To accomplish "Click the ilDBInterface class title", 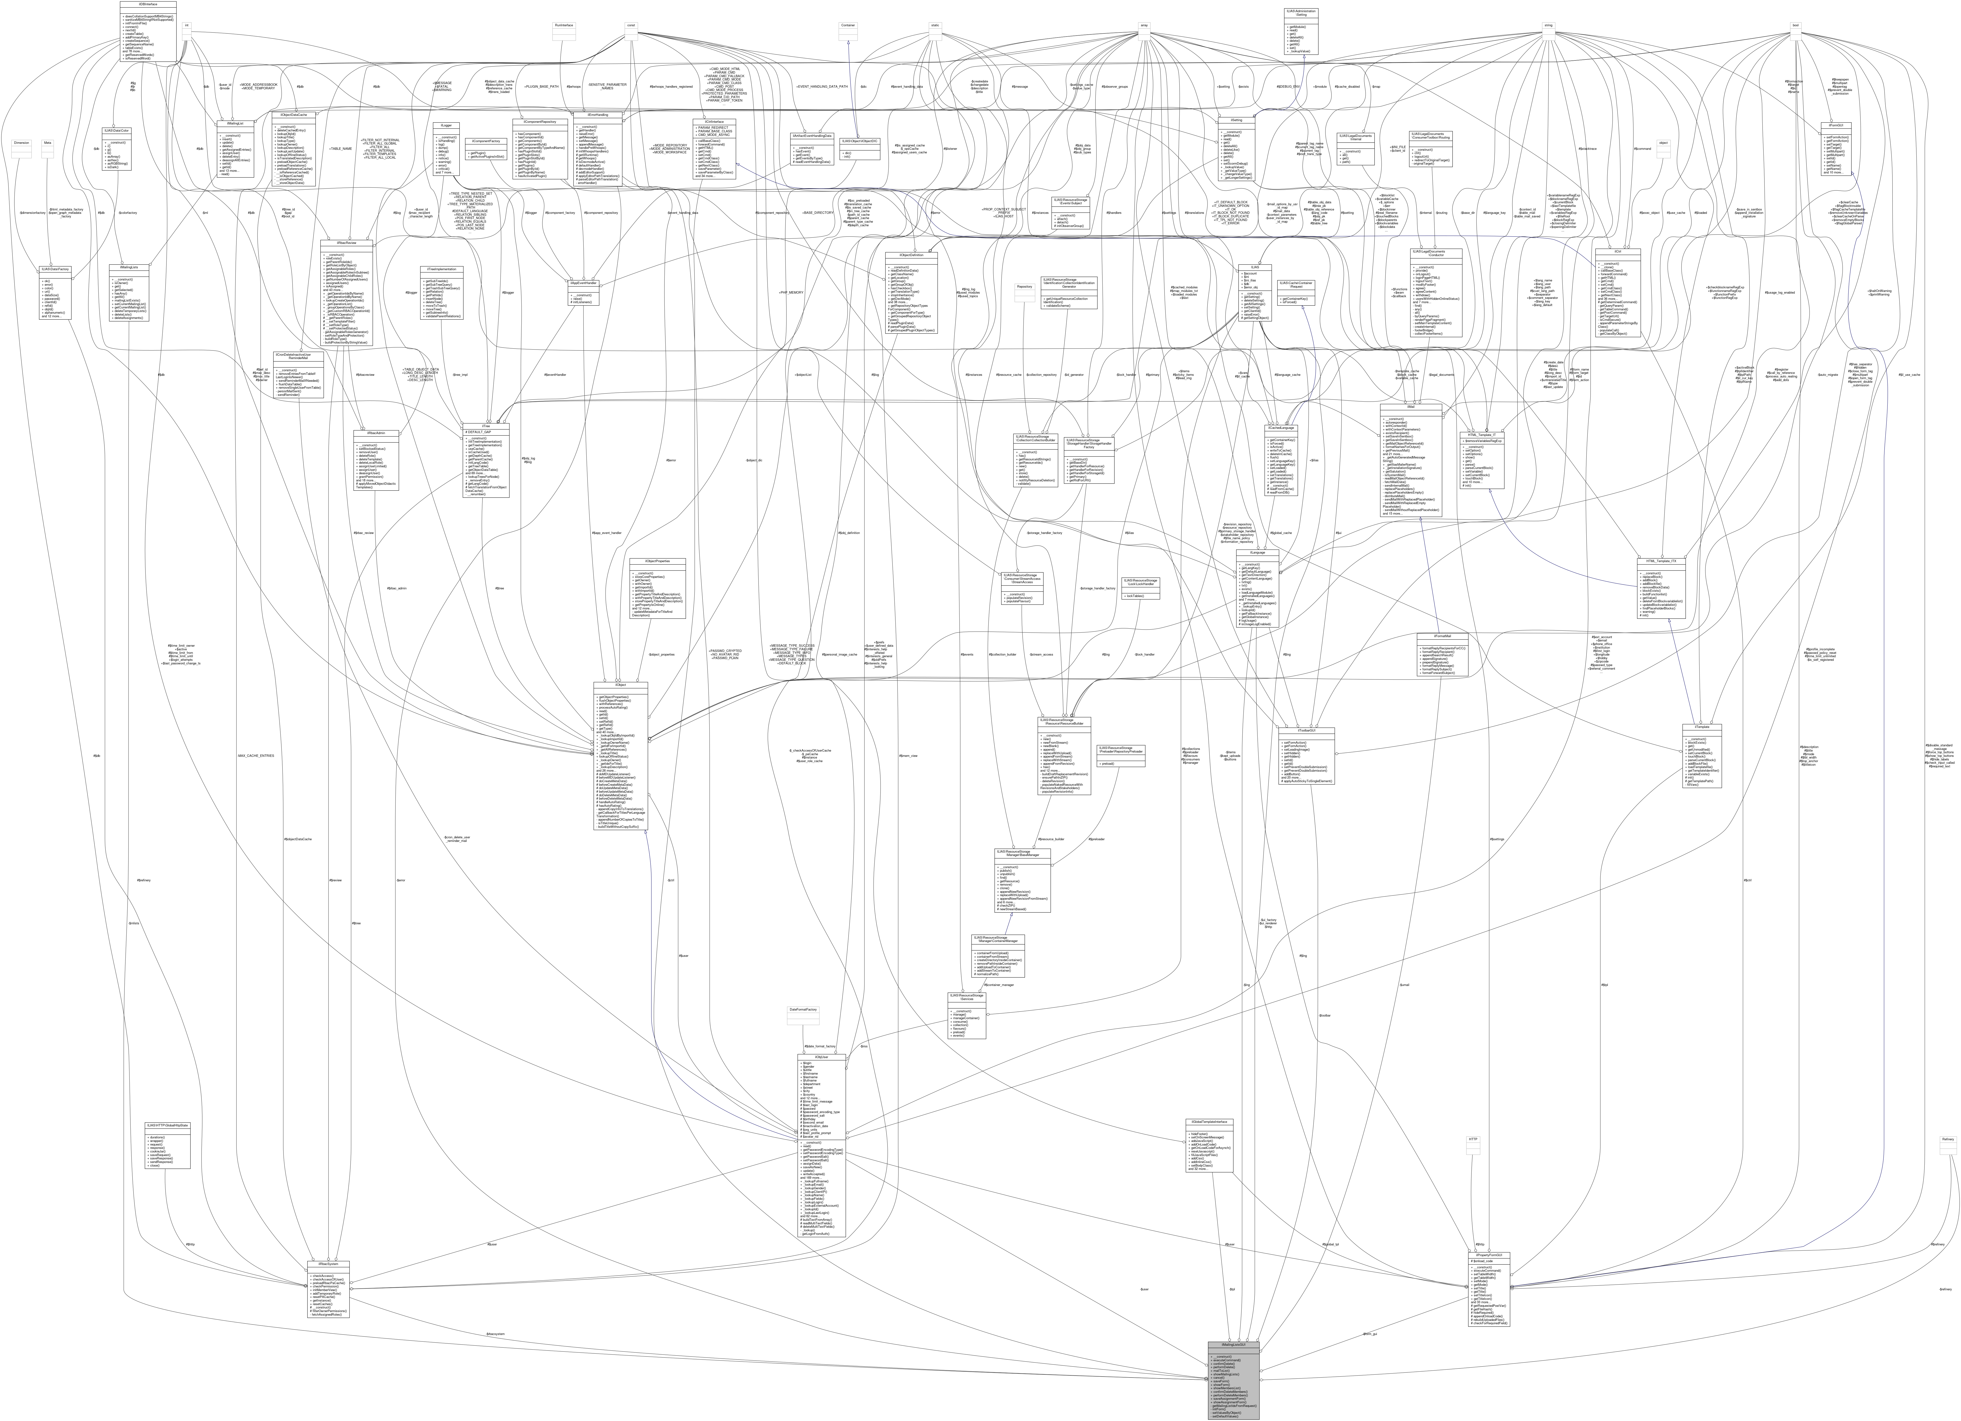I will (148, 3).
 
